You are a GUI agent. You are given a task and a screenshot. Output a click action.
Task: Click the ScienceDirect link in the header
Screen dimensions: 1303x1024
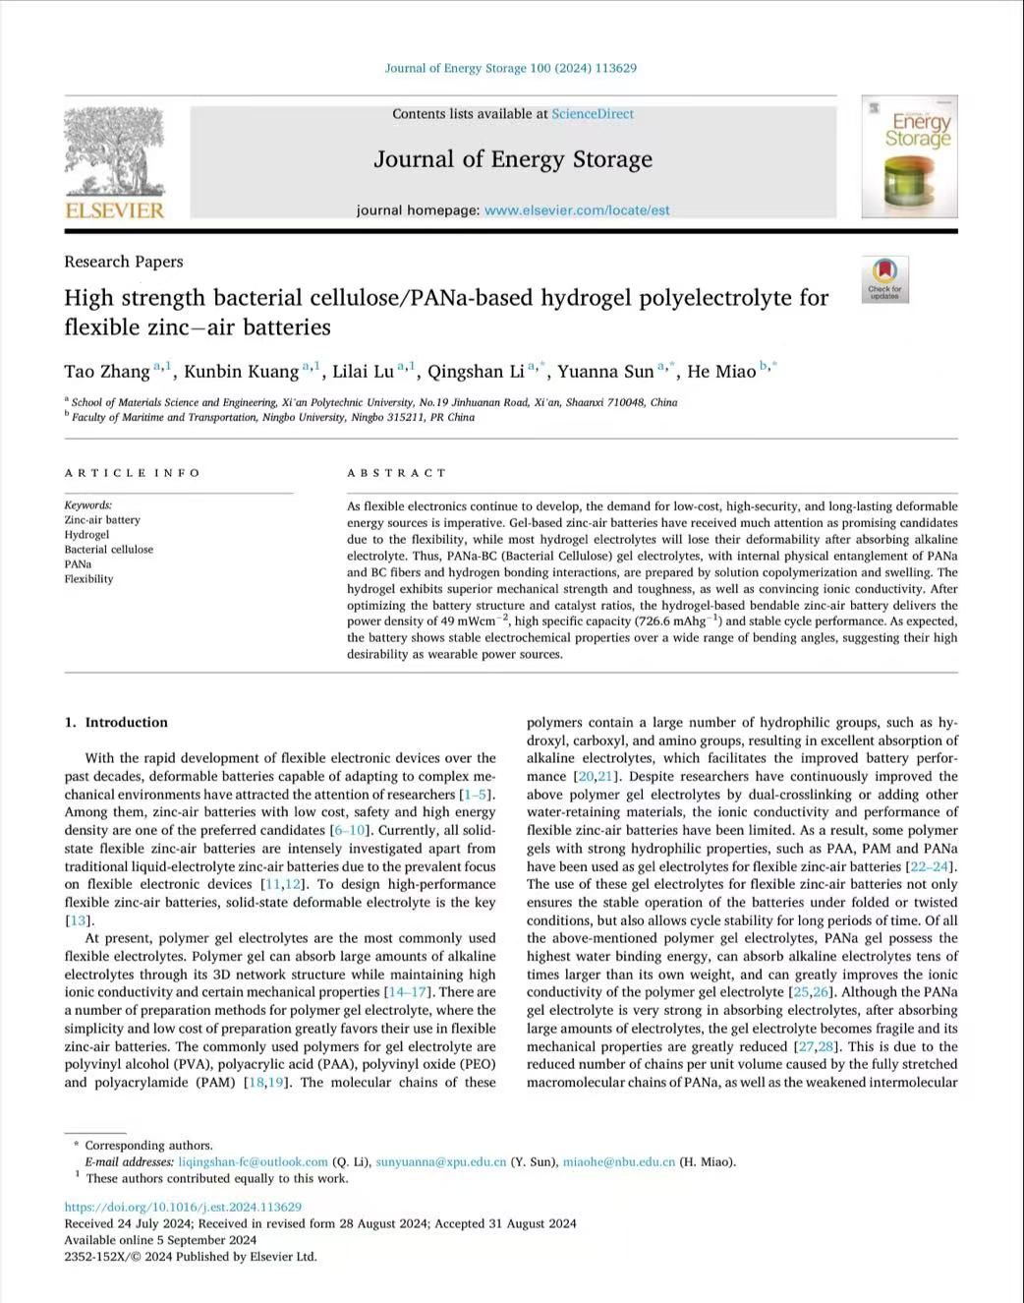pos(593,114)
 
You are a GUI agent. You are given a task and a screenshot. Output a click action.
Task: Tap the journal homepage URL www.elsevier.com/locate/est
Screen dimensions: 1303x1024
pos(577,209)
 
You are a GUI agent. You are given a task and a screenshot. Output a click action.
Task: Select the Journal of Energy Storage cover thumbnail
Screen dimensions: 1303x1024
pos(909,157)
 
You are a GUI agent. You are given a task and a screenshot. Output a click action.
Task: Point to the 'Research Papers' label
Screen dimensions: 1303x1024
pos(124,262)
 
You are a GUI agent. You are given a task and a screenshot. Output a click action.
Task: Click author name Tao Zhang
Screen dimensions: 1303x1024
pos(107,372)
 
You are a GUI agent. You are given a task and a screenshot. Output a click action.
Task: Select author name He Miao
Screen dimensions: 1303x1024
pos(721,372)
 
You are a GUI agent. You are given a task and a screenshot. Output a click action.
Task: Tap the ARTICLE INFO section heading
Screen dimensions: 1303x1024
pos(133,473)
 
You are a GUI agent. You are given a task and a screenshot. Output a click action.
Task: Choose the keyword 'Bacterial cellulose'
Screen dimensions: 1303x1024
pos(109,550)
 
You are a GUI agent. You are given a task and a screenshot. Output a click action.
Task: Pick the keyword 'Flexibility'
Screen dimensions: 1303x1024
pos(88,579)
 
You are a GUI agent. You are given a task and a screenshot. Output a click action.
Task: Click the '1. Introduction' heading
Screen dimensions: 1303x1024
pos(116,723)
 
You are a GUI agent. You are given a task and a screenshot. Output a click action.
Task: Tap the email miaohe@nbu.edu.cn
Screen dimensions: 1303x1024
pos(619,1162)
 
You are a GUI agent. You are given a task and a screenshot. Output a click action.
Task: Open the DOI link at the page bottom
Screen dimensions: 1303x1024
pos(183,1207)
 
